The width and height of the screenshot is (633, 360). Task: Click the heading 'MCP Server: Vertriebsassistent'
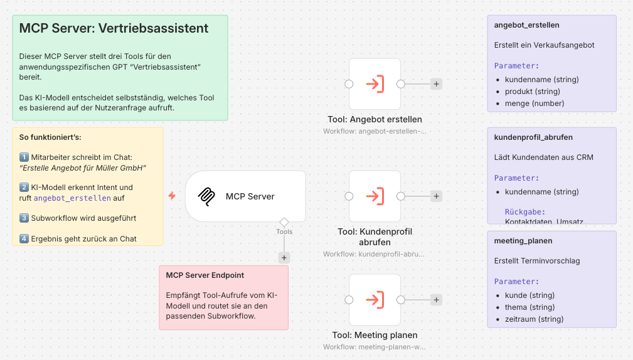(x=114, y=29)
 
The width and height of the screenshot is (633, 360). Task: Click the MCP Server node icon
(x=206, y=196)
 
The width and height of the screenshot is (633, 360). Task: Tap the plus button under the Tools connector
(x=284, y=257)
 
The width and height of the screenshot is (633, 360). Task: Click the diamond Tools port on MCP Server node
(x=284, y=222)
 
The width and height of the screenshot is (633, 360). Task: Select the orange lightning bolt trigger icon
(x=172, y=196)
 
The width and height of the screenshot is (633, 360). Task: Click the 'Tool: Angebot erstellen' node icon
(x=375, y=84)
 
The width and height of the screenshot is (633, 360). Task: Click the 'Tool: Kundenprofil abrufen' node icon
(x=375, y=196)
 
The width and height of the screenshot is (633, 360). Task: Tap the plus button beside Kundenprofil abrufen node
(x=437, y=196)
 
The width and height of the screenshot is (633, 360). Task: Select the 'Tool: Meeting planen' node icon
(x=375, y=300)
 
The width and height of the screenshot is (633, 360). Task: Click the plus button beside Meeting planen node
(x=437, y=300)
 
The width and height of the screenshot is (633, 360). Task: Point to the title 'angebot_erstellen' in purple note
(x=526, y=25)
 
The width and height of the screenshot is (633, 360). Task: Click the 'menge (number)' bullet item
(x=534, y=103)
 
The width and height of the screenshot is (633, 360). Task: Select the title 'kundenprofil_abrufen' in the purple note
(x=533, y=137)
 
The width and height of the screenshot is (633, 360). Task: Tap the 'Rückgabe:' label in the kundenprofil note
(x=525, y=212)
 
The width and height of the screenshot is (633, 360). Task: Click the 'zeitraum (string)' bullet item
(x=534, y=319)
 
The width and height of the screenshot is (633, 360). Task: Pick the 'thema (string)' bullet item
(x=529, y=307)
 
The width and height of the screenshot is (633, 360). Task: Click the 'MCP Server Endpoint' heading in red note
(x=205, y=275)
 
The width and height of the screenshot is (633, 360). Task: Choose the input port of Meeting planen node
(x=349, y=300)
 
